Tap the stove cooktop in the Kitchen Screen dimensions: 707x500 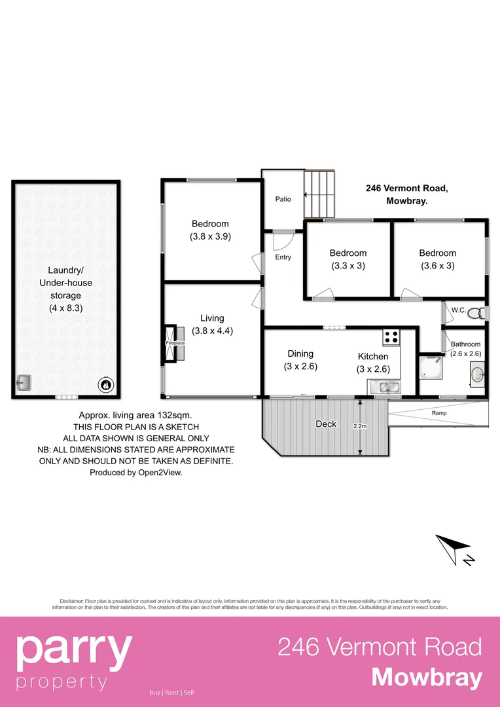click(391, 337)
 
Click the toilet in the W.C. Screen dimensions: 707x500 click(481, 312)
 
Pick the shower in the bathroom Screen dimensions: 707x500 click(430, 368)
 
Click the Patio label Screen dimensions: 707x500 click(283, 199)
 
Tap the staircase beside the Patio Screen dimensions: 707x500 click(319, 194)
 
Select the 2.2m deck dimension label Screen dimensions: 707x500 click(359, 426)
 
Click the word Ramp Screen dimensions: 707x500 click(439, 413)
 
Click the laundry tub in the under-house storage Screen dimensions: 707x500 click(24, 382)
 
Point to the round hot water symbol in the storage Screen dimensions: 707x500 click(105, 384)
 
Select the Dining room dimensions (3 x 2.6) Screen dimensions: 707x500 click(300, 367)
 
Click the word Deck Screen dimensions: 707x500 click(326, 424)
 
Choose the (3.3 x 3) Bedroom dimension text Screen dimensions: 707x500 click(348, 266)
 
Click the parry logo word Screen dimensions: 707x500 click(73, 648)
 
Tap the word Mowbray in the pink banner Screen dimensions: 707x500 click(427, 678)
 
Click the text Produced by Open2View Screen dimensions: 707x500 click(136, 472)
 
